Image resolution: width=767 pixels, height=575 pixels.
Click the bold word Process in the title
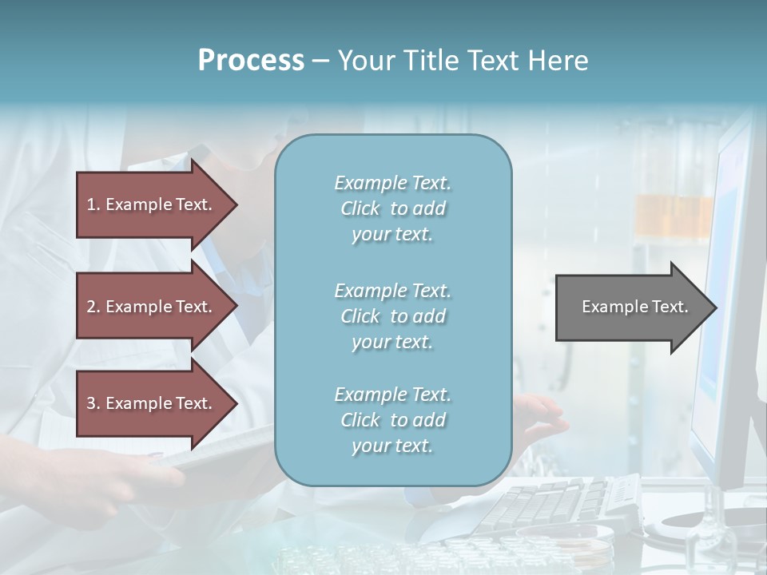point(251,61)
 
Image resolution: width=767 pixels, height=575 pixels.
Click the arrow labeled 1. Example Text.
point(152,204)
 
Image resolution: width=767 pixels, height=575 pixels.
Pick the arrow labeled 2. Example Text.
point(152,307)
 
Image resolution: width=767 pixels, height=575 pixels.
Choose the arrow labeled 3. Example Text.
point(152,403)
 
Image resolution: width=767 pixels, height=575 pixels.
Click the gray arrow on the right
point(631,307)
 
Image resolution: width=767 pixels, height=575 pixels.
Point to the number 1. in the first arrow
point(93,204)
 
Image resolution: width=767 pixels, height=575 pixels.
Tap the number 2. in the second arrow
point(93,307)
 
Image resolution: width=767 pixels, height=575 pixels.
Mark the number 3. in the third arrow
point(93,403)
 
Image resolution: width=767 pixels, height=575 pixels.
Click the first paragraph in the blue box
point(392,208)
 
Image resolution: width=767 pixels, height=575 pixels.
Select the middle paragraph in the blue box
point(392,316)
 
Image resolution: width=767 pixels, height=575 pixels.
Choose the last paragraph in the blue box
point(392,420)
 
